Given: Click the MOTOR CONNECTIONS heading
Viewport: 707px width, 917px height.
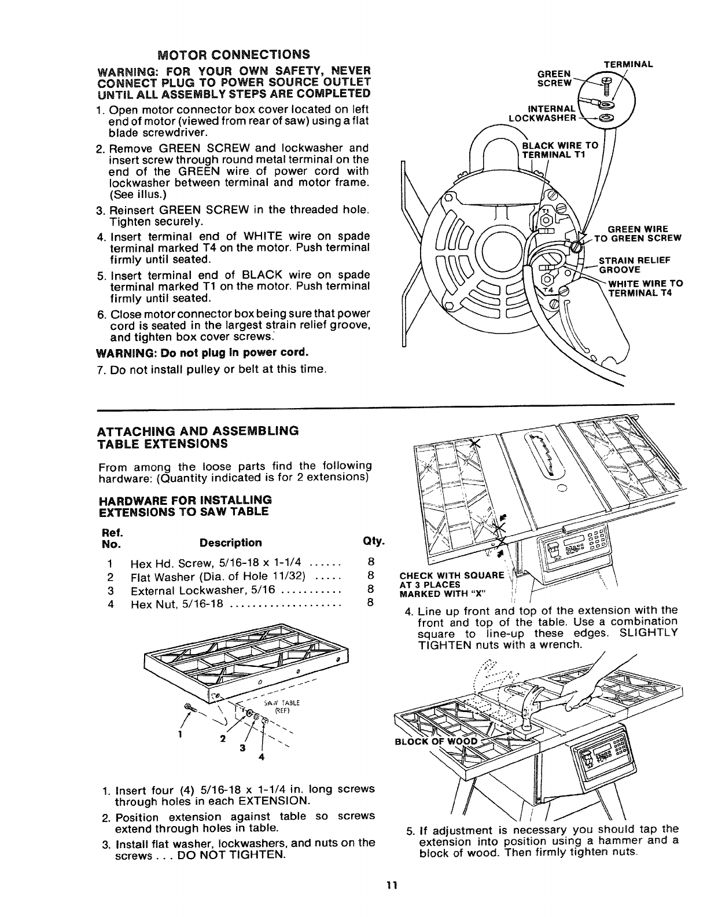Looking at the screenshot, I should pos(234,55).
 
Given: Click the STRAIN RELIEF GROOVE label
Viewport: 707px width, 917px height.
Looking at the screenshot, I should pos(634,265).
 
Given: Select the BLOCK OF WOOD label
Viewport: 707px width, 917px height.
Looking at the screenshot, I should pos(437,742).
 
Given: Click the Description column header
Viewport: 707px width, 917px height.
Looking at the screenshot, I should pos(230,542).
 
